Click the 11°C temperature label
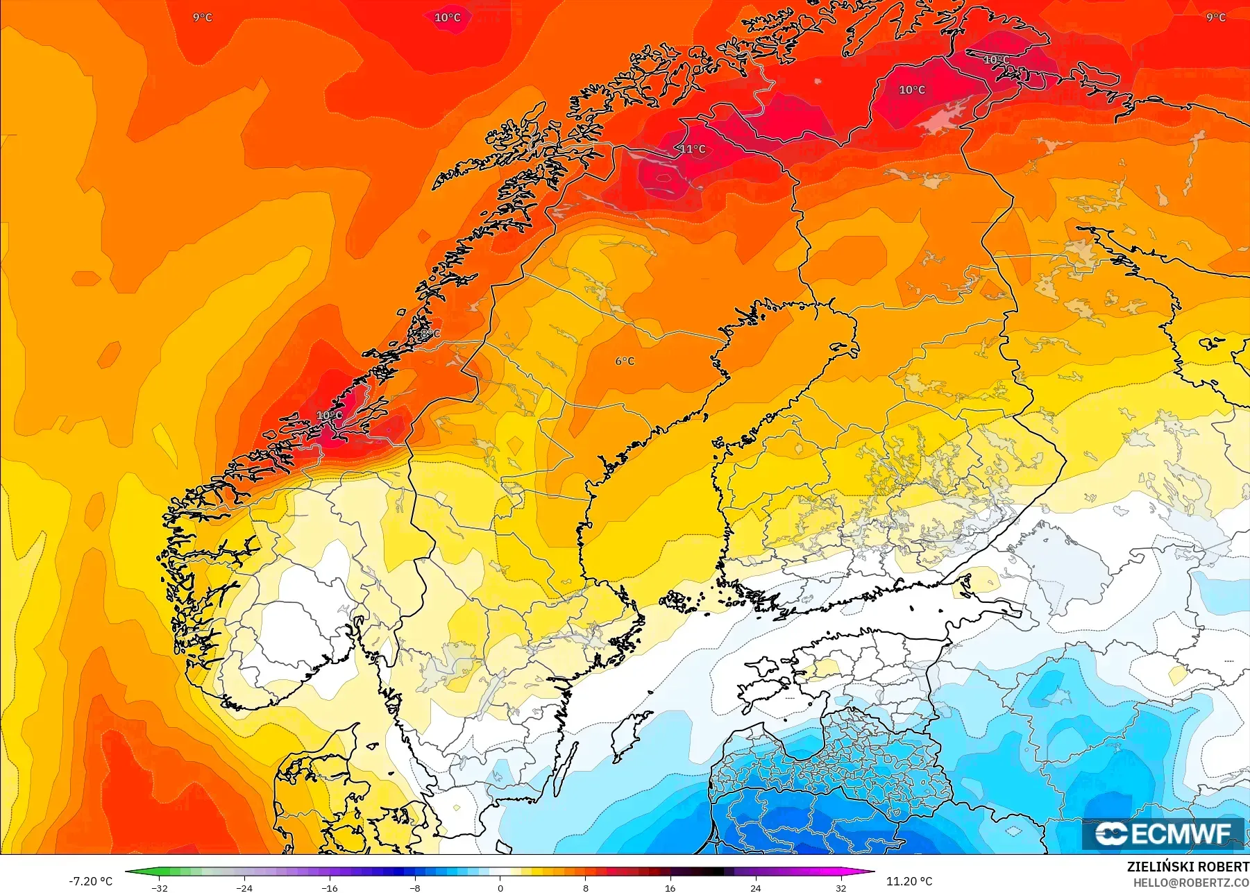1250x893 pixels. [693, 149]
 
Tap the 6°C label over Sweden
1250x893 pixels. [625, 361]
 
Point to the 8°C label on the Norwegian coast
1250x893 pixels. [430, 334]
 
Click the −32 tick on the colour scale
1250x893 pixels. [160, 887]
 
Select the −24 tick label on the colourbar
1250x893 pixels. [244, 887]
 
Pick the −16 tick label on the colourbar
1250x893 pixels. [330, 887]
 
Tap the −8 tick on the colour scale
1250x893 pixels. [415, 887]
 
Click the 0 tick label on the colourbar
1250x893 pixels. [500, 887]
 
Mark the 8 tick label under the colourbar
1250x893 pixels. [586, 887]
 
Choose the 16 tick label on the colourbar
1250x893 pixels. [670, 887]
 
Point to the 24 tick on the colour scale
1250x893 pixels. [756, 887]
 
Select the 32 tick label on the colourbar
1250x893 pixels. [841, 887]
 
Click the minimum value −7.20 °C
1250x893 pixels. [90, 881]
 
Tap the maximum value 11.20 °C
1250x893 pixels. [909, 881]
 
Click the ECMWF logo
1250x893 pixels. [1163, 833]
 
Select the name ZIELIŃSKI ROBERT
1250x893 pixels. [1188, 867]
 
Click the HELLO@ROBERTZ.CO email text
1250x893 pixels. [1191, 883]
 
